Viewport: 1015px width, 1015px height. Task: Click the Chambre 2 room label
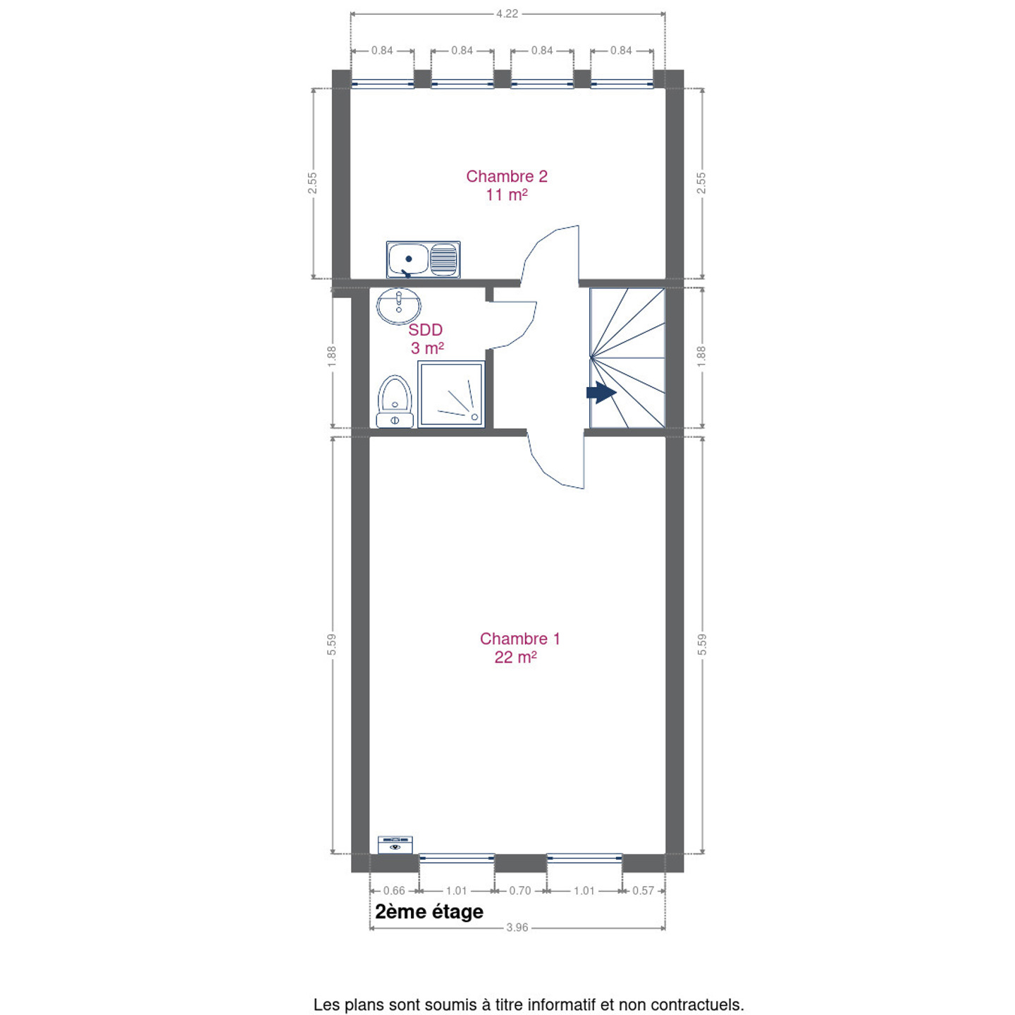coord(506,185)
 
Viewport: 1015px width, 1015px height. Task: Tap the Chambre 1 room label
coord(519,647)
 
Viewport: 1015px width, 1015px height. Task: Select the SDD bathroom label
coord(426,338)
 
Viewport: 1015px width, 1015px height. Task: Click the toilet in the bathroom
coord(395,401)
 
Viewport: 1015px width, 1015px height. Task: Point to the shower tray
coord(451,394)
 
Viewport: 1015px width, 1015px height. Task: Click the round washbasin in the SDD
coord(399,305)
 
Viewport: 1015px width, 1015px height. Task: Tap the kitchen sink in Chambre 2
coord(423,259)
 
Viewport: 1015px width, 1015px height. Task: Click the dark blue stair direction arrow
coord(601,393)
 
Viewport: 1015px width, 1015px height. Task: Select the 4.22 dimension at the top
coord(507,13)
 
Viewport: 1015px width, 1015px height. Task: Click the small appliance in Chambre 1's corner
coord(395,844)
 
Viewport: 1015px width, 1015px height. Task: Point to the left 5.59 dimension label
coord(331,644)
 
